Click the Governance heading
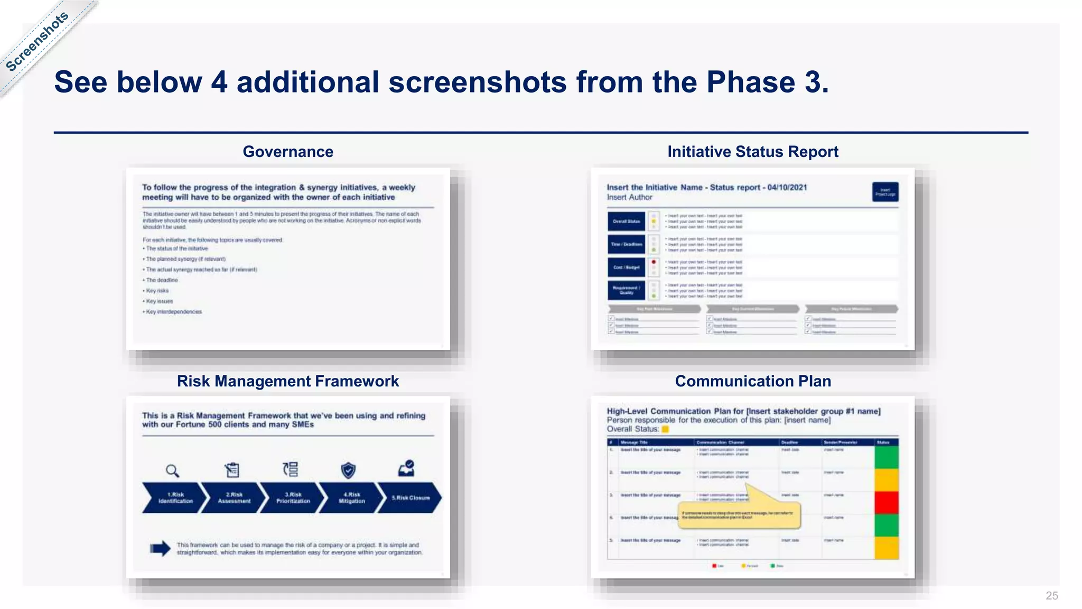point(288,152)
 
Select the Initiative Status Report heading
point(752,152)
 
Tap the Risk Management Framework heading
point(288,381)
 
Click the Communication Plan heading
point(753,381)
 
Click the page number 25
point(1051,596)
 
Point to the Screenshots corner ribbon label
point(37,41)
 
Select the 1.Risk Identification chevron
point(173,498)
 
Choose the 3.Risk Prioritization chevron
point(293,498)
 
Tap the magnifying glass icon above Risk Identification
point(172,470)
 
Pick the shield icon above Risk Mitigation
point(348,470)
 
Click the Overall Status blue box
point(626,222)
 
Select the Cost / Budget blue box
point(626,267)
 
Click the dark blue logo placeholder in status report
point(885,192)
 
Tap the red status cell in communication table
point(887,502)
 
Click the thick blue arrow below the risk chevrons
point(160,549)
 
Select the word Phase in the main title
point(751,82)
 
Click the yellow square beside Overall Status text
point(665,429)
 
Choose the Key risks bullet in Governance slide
point(157,291)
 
